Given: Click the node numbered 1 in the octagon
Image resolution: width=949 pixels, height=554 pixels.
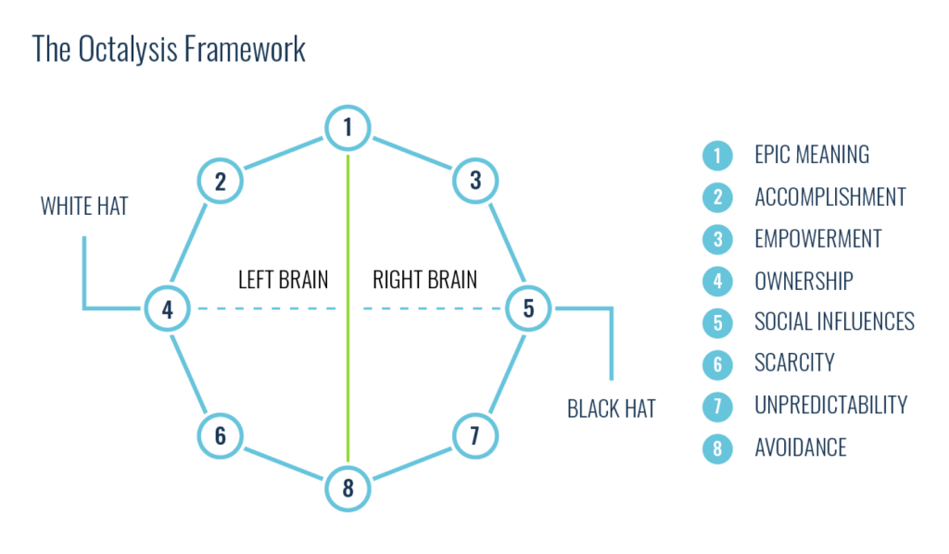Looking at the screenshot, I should click(348, 127).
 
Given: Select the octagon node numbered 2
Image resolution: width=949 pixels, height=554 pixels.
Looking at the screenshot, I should click(221, 181).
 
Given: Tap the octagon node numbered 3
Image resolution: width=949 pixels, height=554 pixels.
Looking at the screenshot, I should click(475, 181).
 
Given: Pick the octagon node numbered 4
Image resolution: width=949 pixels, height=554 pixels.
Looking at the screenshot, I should click(168, 308).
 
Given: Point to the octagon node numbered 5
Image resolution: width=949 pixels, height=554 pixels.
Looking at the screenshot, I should click(528, 308).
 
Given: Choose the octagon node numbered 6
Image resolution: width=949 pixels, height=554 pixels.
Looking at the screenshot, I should click(221, 434).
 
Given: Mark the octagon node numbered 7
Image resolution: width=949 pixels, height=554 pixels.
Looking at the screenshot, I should click(475, 434).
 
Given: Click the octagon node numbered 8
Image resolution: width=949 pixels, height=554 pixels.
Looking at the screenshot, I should click(348, 487).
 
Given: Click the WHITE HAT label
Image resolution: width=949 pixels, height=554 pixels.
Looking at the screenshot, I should click(84, 206).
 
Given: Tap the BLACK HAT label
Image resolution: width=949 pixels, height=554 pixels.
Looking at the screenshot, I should click(612, 409).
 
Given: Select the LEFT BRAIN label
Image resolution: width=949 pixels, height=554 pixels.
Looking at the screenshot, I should click(284, 279).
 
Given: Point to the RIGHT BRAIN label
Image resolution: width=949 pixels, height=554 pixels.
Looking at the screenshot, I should click(424, 279).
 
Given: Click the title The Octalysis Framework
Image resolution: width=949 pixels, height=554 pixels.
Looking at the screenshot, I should click(169, 49).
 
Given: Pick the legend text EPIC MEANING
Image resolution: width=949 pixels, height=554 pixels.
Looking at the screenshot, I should click(812, 155).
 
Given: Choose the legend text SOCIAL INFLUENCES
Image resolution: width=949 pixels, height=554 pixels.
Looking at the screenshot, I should click(834, 321).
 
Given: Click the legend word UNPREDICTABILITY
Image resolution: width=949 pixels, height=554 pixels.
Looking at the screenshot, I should click(830, 405).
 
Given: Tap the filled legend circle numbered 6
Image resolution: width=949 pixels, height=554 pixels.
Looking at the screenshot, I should click(716, 364).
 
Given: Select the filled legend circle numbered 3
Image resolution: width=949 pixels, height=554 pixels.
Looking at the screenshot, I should click(716, 239).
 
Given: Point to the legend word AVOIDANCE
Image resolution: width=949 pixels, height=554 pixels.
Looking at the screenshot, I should click(800, 447).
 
